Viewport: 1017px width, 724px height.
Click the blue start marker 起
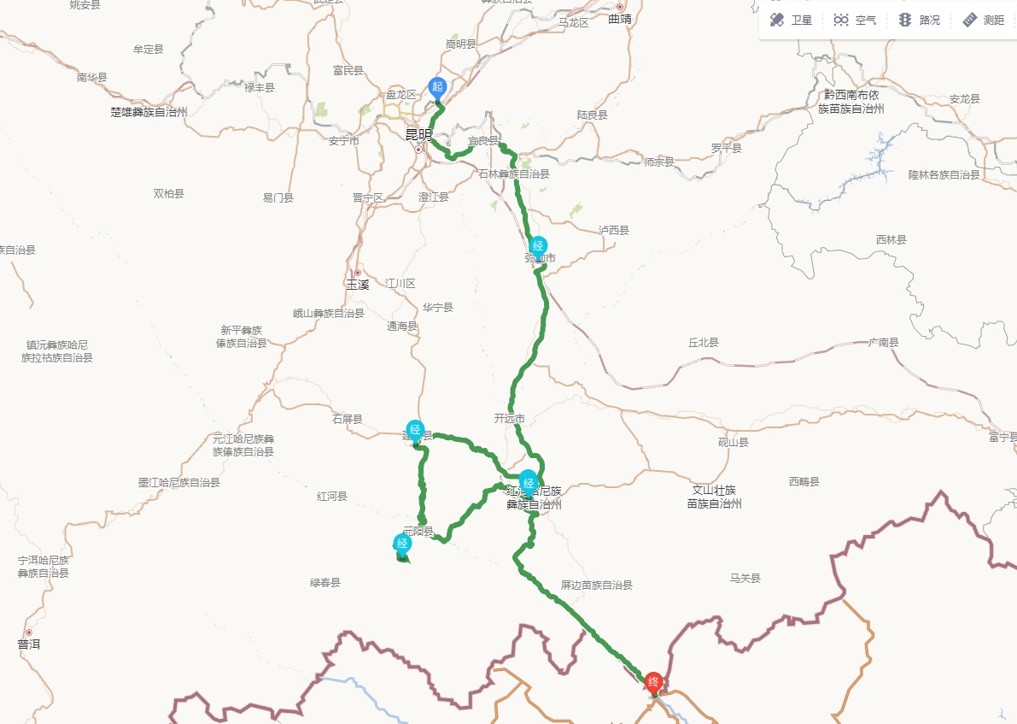437,87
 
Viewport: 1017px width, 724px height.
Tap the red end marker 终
654,681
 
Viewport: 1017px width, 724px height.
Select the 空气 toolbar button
855,20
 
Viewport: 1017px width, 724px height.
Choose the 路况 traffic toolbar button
919,20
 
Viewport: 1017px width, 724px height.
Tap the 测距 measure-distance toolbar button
983,20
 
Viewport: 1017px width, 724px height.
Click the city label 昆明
418,134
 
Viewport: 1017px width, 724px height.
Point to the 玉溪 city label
357,284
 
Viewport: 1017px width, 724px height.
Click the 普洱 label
28,645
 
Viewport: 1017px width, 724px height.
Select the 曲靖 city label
621,18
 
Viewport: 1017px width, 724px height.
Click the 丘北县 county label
704,342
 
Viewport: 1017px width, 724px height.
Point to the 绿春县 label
325,583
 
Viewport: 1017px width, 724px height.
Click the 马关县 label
745,579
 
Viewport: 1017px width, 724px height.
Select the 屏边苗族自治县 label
596,586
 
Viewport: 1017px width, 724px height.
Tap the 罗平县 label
727,148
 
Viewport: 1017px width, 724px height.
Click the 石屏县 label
348,420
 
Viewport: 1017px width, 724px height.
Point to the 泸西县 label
614,230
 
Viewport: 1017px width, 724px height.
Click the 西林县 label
891,240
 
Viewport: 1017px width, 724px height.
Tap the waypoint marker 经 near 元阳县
402,544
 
